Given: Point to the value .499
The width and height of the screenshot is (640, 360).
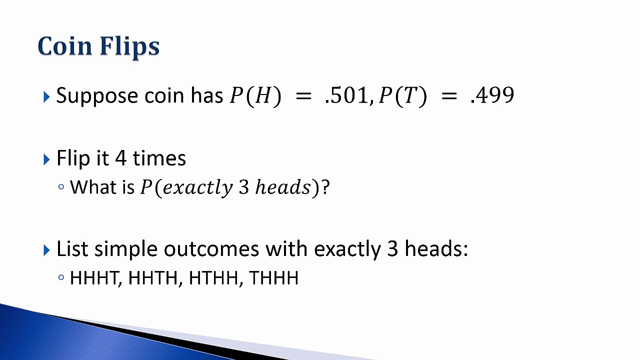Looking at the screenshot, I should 492,95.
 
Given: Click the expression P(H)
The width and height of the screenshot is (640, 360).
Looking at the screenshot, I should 255,96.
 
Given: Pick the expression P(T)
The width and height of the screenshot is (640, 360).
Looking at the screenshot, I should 402,96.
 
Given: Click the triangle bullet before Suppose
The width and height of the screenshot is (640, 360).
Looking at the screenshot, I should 46,96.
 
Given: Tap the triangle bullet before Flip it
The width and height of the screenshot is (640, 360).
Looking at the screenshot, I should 46,159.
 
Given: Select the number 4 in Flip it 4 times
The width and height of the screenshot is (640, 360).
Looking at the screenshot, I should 120,158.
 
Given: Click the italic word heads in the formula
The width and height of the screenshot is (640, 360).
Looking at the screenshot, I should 283,187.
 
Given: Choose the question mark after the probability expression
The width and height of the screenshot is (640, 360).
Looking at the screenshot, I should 325,187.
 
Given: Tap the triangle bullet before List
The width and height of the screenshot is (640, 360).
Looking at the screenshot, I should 46,249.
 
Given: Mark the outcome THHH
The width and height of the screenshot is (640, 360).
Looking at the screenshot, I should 273,278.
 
